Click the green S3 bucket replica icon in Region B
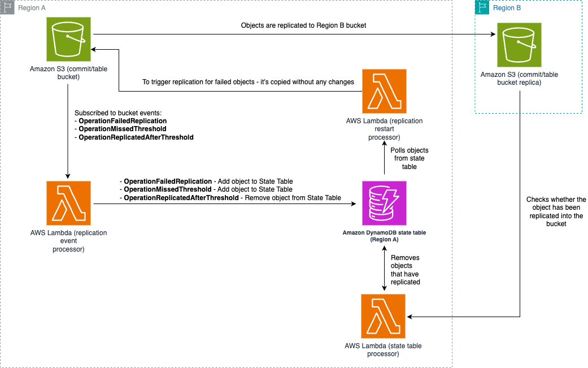point(519,45)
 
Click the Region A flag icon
point(7,7)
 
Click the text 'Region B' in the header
point(504,8)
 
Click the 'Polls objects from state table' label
point(409,158)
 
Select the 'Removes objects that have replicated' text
point(405,270)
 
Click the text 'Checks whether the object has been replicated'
point(556,212)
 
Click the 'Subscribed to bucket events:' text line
point(117,113)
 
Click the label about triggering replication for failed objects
point(248,82)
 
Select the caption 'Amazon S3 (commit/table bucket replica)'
point(519,79)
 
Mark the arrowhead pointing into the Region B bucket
point(493,35)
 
